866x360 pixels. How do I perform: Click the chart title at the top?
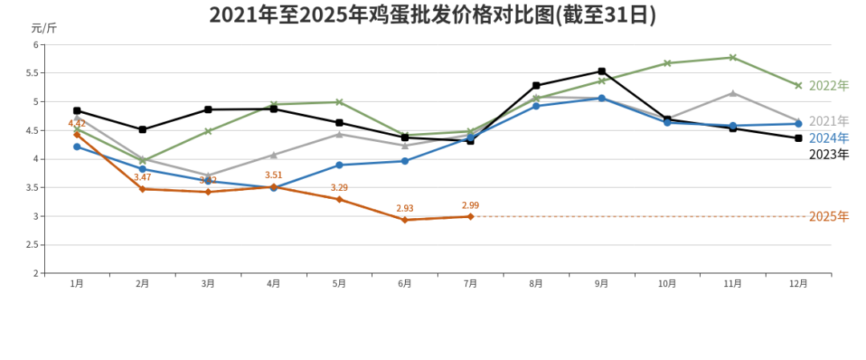tap(432, 15)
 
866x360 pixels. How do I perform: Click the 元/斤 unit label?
tap(44, 28)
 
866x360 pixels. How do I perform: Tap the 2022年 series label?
tap(828, 86)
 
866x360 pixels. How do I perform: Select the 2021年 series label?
tap(828, 121)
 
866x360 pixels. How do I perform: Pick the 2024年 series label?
tap(828, 138)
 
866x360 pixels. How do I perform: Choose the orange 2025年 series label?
tap(828, 216)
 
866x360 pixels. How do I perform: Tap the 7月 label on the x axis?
tap(470, 283)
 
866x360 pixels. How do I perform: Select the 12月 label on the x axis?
tap(798, 283)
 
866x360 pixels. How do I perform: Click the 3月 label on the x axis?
tap(208, 283)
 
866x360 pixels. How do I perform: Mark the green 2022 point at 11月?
tap(733, 57)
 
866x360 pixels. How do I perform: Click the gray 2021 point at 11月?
tap(733, 93)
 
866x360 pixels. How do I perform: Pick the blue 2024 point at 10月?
tap(667, 123)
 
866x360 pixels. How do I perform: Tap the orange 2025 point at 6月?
tap(404, 220)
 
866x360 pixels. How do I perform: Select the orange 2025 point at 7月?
tap(470, 216)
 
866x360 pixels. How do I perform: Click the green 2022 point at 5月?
tap(339, 102)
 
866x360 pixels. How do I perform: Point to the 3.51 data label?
tap(273, 175)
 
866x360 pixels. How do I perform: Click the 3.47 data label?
tap(142, 177)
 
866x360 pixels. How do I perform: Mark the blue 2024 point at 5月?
tap(339, 165)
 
